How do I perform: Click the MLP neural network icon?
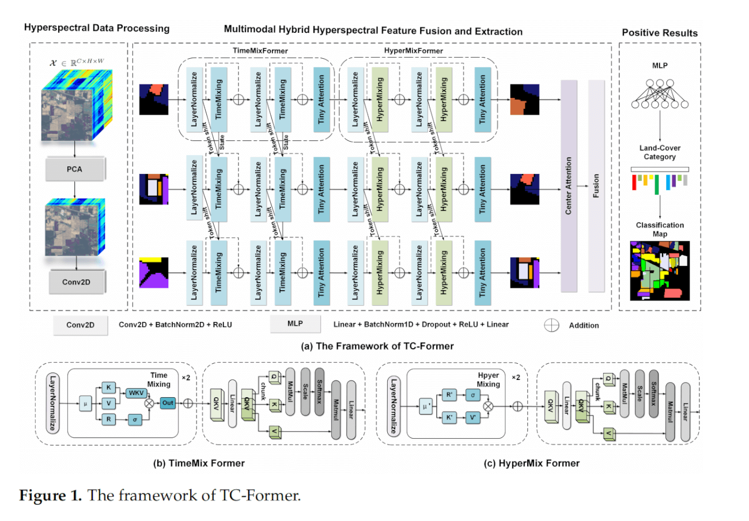[660, 93]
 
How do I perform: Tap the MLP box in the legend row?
[295, 324]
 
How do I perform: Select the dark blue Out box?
[168, 402]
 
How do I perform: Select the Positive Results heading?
[660, 33]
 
